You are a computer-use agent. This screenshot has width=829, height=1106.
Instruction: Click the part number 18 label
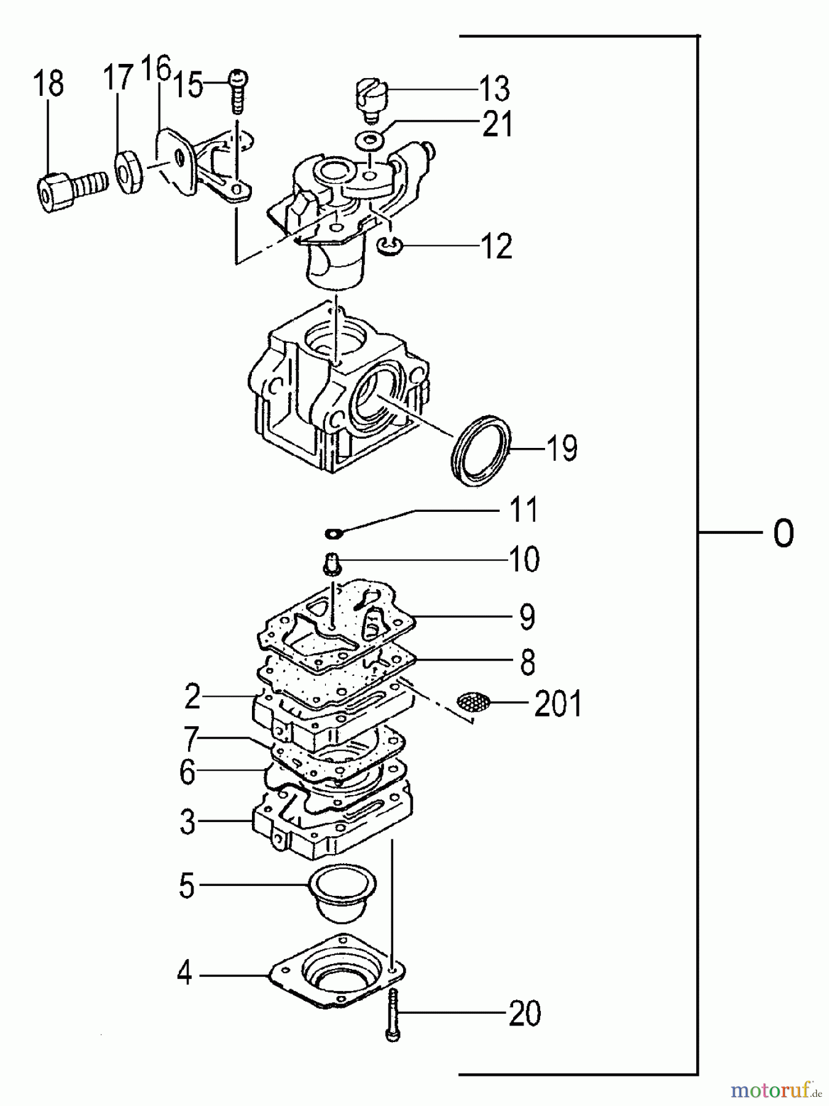(x=49, y=84)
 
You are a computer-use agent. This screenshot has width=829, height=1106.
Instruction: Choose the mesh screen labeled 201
(x=474, y=701)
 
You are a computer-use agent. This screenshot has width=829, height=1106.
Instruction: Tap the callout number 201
(x=557, y=704)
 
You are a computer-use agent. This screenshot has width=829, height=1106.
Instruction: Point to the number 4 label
(x=184, y=975)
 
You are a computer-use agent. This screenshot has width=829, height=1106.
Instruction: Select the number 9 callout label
(x=527, y=617)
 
